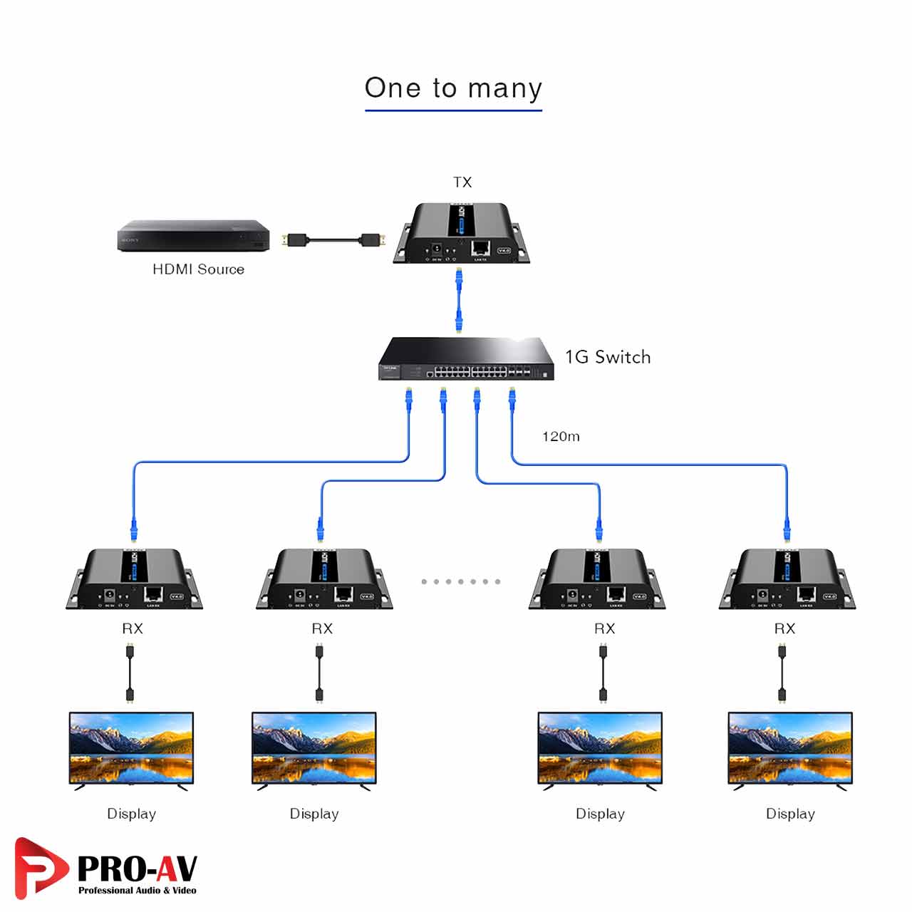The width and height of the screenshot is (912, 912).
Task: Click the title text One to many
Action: (x=453, y=88)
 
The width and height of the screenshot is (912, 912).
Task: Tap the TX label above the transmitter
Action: (x=462, y=182)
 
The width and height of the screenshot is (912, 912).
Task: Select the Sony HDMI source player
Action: (x=194, y=236)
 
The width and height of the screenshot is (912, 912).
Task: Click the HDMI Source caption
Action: (x=198, y=269)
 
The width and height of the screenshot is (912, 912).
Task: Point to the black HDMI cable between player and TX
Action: (x=333, y=240)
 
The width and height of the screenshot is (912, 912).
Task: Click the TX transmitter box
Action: (x=462, y=233)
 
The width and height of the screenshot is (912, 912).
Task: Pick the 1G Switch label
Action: (x=608, y=357)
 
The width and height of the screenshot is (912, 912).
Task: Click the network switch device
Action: (x=466, y=359)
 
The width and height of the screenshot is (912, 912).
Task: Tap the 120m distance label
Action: (x=561, y=437)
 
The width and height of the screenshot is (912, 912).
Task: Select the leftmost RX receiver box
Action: (x=134, y=579)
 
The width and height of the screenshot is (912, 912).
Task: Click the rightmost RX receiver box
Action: (x=787, y=579)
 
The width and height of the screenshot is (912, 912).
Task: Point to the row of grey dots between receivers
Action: (x=460, y=581)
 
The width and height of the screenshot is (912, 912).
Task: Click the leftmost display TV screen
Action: (x=131, y=748)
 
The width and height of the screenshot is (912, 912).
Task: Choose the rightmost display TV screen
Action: (x=790, y=748)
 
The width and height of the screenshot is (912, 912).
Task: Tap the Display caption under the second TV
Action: (x=314, y=814)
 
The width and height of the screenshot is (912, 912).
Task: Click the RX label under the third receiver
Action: (x=604, y=628)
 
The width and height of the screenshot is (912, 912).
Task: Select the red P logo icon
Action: (x=40, y=867)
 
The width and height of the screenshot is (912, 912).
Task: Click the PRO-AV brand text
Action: (x=137, y=869)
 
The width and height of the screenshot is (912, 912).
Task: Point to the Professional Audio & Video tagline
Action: (x=137, y=891)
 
